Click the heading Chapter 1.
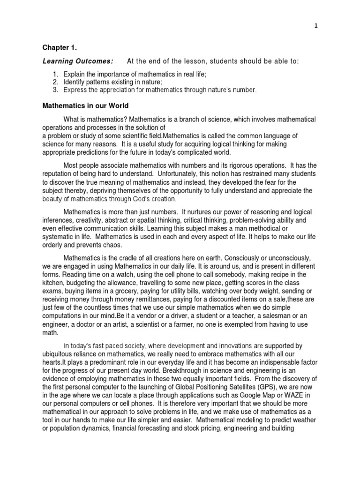[58, 47]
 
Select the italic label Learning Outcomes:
[78, 61]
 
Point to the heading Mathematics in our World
[85, 105]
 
